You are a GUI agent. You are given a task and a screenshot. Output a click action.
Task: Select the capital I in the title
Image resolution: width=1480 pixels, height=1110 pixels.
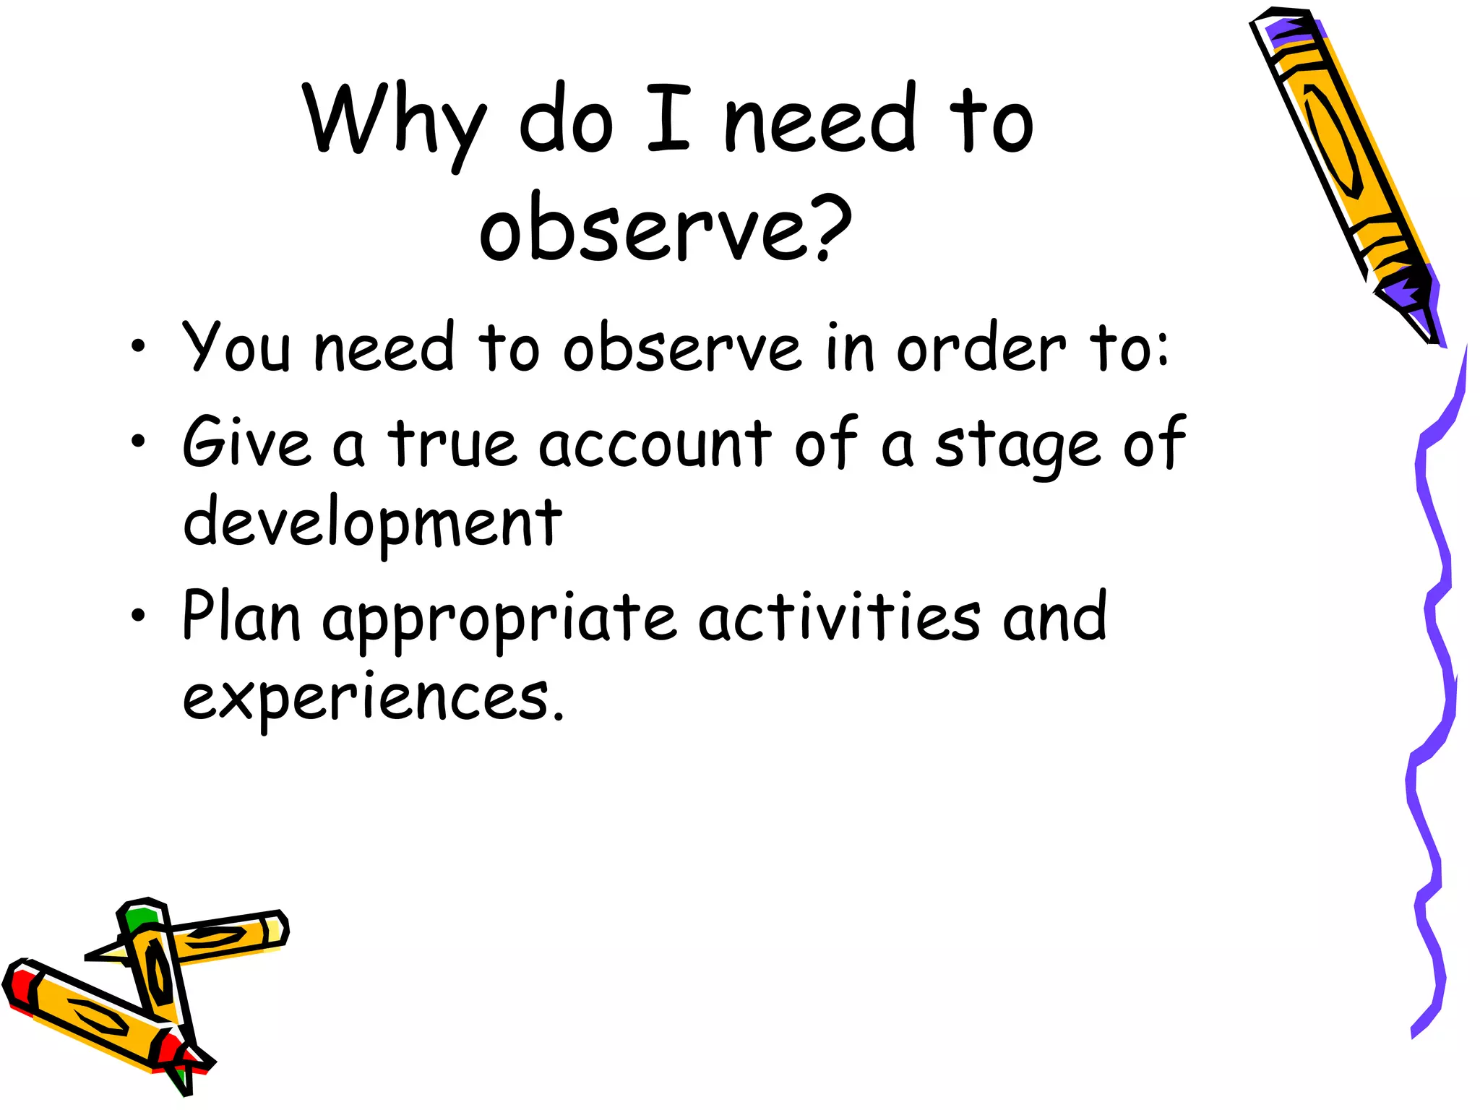tap(668, 119)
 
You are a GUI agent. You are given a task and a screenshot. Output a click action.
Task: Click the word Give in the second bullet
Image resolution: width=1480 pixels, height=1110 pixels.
tap(246, 442)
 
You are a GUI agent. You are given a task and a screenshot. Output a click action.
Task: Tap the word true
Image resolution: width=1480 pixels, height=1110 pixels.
tap(452, 442)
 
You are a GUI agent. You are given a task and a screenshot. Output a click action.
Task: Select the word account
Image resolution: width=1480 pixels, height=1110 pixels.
tap(655, 442)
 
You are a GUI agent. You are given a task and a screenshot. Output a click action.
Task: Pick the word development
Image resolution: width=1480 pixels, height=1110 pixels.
tap(372, 522)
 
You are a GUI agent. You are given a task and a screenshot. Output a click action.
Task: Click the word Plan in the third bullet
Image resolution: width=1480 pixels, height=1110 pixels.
tap(241, 616)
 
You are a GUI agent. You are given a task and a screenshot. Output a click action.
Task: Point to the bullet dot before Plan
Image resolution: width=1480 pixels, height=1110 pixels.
tap(138, 616)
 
